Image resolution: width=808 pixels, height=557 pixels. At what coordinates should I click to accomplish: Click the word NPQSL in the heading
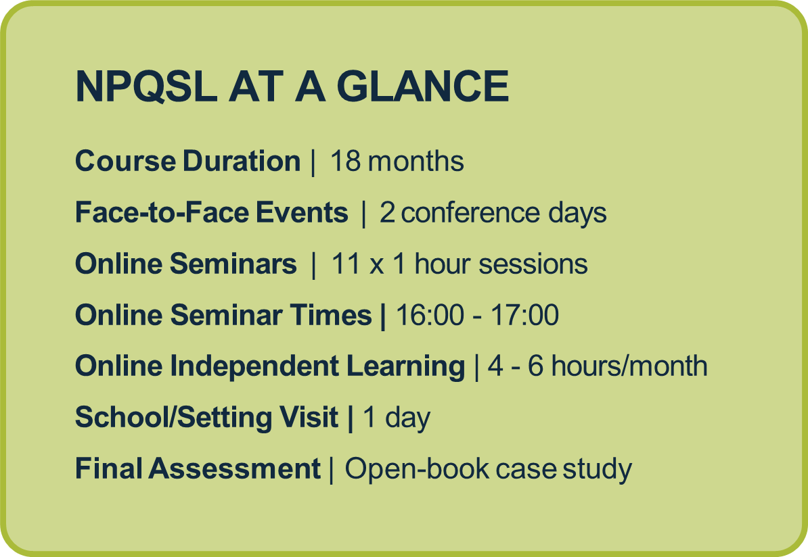point(146,87)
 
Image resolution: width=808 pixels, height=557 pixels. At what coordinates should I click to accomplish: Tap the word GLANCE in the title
point(422,87)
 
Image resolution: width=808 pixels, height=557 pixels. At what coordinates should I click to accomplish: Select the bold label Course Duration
point(188,161)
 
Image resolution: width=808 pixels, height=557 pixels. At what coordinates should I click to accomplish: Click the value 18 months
point(397,161)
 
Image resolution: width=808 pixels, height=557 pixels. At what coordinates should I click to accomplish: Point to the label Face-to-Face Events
point(212,212)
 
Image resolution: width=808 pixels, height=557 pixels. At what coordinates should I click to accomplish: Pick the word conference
point(470,213)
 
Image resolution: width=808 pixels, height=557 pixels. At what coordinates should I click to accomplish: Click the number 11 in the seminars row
point(345,264)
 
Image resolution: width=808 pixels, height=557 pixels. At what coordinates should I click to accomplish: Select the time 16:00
point(430,315)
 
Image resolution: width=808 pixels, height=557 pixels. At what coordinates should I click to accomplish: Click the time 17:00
point(524,315)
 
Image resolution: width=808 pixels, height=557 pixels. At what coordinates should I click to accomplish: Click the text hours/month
point(629,366)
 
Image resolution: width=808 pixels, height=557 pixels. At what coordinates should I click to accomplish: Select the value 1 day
point(397,418)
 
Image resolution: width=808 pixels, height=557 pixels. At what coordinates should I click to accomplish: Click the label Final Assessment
point(198,468)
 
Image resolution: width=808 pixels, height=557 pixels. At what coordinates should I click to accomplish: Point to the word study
point(598,470)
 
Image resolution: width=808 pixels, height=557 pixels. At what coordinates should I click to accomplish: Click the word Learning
point(405,366)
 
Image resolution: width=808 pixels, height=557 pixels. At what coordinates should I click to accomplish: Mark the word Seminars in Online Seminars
point(233,264)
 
